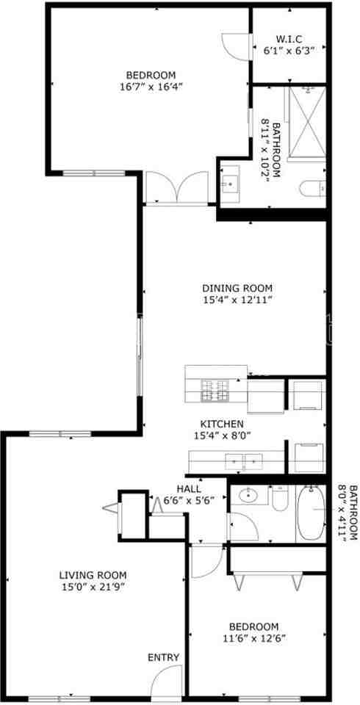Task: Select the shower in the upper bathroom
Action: pos(307,121)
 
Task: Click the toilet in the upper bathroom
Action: pos(314,189)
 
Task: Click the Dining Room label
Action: pos(237,288)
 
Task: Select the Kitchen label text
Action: pos(222,424)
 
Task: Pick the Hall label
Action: pos(189,489)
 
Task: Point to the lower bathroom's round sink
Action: pos(252,496)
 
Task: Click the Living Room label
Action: pos(93,575)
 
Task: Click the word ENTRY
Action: pos(163,657)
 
